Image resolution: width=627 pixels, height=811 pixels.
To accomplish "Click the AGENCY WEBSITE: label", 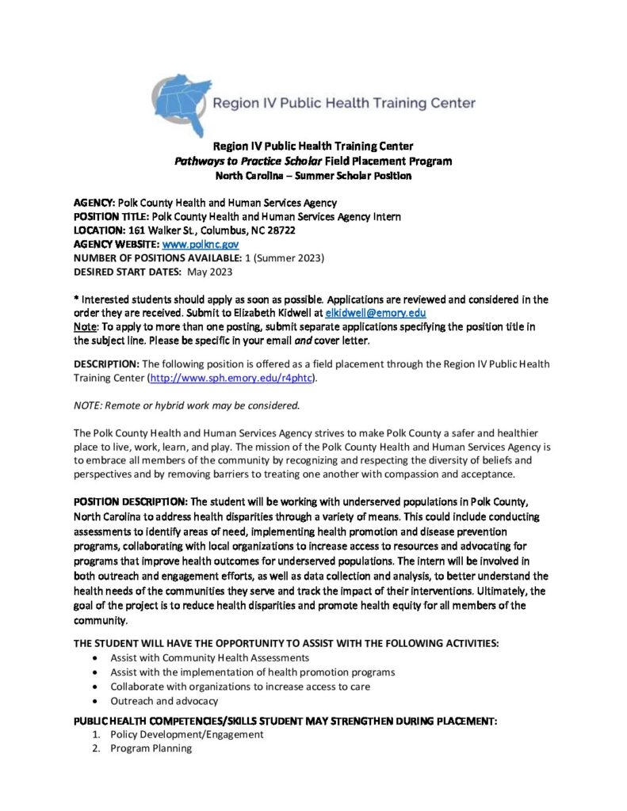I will point(117,245).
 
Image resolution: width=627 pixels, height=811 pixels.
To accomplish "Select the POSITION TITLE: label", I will point(110,216).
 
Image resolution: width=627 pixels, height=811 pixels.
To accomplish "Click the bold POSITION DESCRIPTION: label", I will point(131,503).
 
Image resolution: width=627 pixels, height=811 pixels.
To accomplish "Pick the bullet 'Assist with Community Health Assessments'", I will point(209,658).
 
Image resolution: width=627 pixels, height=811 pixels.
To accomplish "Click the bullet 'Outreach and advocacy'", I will point(164,701).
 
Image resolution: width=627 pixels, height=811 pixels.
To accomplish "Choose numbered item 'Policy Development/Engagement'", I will point(186,734).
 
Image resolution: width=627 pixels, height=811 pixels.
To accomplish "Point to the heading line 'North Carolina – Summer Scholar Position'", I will point(313,175).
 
